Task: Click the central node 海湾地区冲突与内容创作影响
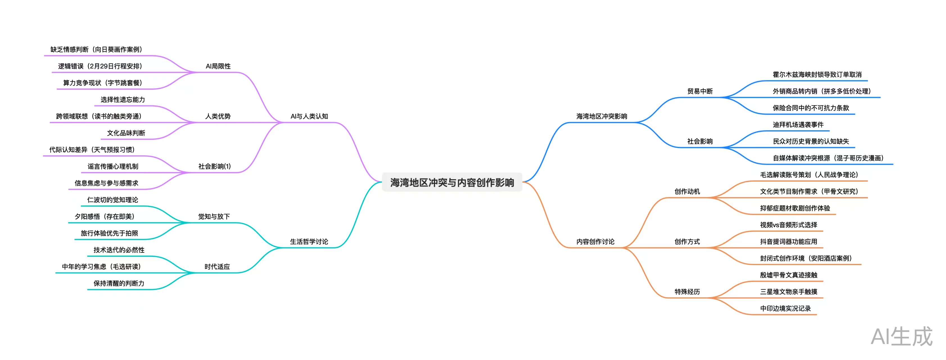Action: (x=452, y=182)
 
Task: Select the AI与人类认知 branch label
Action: (x=309, y=116)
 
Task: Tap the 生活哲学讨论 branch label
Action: (x=309, y=241)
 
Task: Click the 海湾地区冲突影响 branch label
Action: (x=602, y=116)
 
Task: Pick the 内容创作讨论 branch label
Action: (x=595, y=241)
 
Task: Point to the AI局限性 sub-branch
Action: (x=218, y=66)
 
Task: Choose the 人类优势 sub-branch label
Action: (x=218, y=116)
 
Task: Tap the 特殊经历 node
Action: (x=687, y=291)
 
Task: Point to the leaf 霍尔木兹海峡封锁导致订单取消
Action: (x=817, y=75)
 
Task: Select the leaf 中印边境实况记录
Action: (x=785, y=308)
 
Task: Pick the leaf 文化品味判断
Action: (x=126, y=133)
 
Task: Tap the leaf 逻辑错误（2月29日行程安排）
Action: (x=100, y=66)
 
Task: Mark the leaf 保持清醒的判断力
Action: (x=119, y=283)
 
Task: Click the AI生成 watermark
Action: (x=901, y=336)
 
